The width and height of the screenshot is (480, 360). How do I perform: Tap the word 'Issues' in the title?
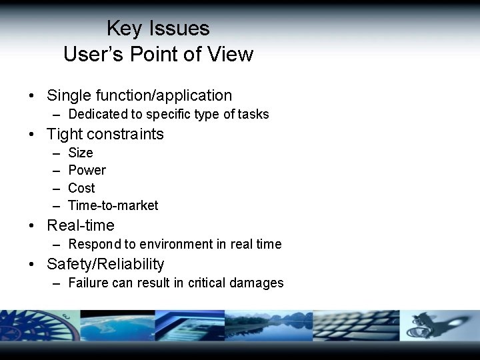179,29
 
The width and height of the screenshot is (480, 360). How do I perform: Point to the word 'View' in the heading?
230,54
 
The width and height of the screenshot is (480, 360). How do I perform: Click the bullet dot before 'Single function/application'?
32,96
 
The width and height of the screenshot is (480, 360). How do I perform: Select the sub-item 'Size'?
81,153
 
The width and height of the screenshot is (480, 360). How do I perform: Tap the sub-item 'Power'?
87,170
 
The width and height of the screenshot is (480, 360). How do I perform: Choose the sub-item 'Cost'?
81,188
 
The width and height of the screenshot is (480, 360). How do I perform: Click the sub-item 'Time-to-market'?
113,205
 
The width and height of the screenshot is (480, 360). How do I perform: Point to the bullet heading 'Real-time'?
80,225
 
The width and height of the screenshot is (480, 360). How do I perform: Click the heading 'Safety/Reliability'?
105,264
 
